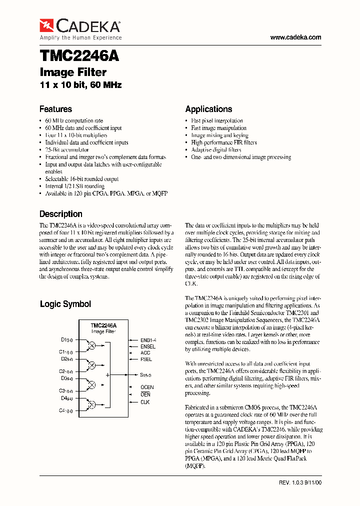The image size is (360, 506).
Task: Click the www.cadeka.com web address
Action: (x=295, y=37)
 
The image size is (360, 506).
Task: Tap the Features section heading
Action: (x=55, y=109)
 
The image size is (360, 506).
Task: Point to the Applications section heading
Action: (x=208, y=109)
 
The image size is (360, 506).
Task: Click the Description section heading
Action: (x=61, y=214)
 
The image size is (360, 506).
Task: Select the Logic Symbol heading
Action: (x=65, y=304)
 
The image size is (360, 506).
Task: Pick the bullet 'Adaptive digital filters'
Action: (x=216, y=149)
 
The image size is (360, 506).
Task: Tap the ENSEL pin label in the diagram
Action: (x=148, y=346)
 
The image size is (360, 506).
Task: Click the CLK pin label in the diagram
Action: (x=145, y=402)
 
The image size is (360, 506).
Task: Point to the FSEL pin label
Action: (x=146, y=359)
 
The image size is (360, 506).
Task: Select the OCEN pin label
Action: (x=147, y=387)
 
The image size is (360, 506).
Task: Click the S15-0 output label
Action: (x=146, y=374)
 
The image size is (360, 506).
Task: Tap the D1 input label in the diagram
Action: (x=66, y=340)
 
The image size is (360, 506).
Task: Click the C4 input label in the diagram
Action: (x=66, y=410)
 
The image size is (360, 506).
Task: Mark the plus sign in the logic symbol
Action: (x=107, y=374)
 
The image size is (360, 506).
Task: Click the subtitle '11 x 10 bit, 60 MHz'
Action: (x=80, y=85)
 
